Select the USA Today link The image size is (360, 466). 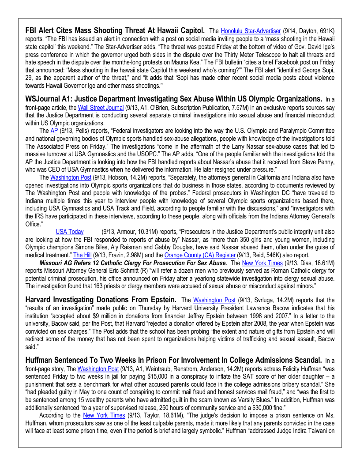(69, 231)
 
